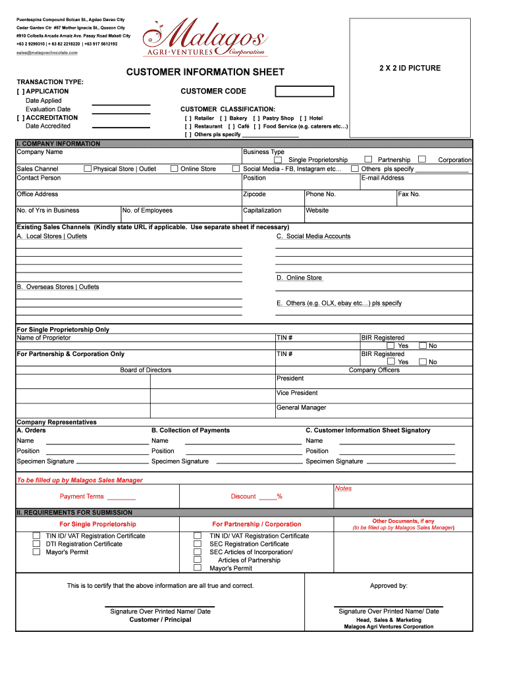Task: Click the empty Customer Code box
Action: [x=304, y=91]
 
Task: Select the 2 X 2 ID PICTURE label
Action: [x=410, y=68]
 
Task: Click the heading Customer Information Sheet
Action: [x=205, y=72]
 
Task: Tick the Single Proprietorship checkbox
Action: [x=278, y=160]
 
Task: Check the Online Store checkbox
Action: [x=174, y=168]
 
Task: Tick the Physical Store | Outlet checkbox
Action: [x=88, y=168]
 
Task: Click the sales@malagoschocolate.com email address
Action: [x=47, y=53]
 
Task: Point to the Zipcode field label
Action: [x=254, y=194]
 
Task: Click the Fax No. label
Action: [x=409, y=194]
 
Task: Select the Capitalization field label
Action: [x=262, y=211]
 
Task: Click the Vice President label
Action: [x=297, y=393]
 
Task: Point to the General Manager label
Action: [x=301, y=407]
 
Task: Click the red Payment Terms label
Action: [x=82, y=496]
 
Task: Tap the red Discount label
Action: [x=244, y=496]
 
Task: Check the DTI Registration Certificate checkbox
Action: [x=37, y=544]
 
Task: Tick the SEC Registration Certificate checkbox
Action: [x=197, y=544]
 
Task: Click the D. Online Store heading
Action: [x=299, y=278]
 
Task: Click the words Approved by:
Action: [x=388, y=586]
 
